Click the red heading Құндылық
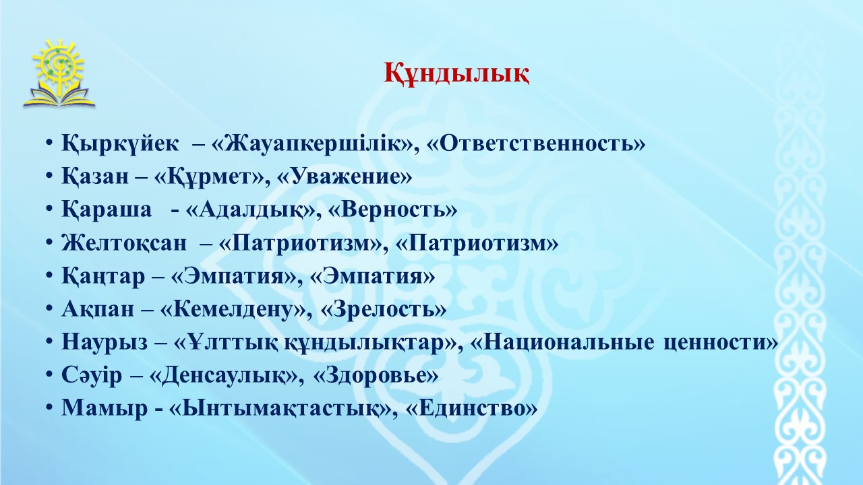[x=456, y=74]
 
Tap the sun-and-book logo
[x=59, y=73]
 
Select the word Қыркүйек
[x=120, y=144]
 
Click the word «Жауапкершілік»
[x=315, y=144]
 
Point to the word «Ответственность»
[x=536, y=143]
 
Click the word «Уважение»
[x=345, y=176]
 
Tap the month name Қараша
[x=107, y=210]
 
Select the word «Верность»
[x=393, y=209]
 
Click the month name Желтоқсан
[x=123, y=243]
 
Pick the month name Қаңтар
[x=103, y=276]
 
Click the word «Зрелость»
[x=384, y=309]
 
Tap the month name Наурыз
[x=105, y=342]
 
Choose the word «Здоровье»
[x=376, y=375]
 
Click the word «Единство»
[x=471, y=408]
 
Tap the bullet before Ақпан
[x=49, y=309]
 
